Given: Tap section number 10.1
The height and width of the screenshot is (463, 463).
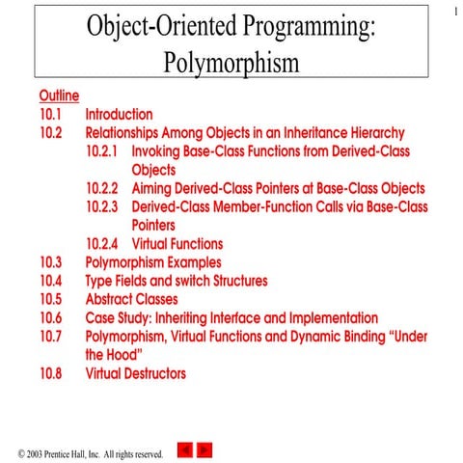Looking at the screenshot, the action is pyautogui.click(x=51, y=114).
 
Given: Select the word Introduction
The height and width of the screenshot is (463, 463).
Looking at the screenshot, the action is pyautogui.click(x=119, y=114).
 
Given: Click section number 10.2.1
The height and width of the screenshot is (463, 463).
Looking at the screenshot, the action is pyautogui.click(x=101, y=151).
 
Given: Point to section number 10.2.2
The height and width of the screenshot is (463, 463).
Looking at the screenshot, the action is pyautogui.click(x=101, y=188).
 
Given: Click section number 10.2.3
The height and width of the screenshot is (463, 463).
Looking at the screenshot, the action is pyautogui.click(x=101, y=206).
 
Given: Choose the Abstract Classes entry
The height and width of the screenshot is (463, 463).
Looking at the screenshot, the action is pyautogui.click(x=131, y=299).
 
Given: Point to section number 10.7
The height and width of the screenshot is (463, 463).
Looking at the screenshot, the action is pyautogui.click(x=51, y=336).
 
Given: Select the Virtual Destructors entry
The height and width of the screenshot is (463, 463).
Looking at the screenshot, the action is pyautogui.click(x=135, y=372).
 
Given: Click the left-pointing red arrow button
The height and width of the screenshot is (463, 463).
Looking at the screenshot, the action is pyautogui.click(x=187, y=449).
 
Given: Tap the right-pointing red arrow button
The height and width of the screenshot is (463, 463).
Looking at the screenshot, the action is pyautogui.click(x=204, y=449).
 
